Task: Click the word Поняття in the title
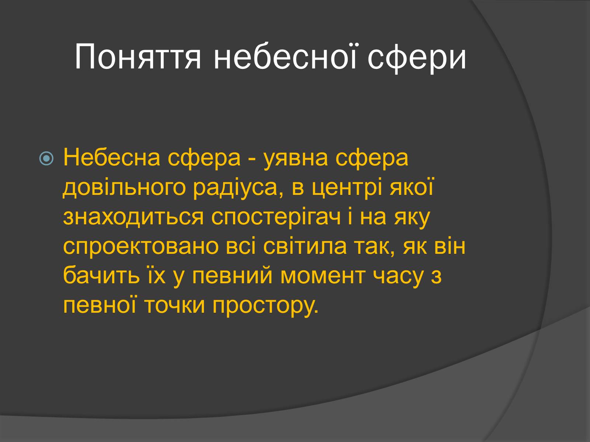[138, 57]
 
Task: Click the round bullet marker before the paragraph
[46, 158]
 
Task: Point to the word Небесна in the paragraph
[112, 158]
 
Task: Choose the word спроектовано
[141, 247]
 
